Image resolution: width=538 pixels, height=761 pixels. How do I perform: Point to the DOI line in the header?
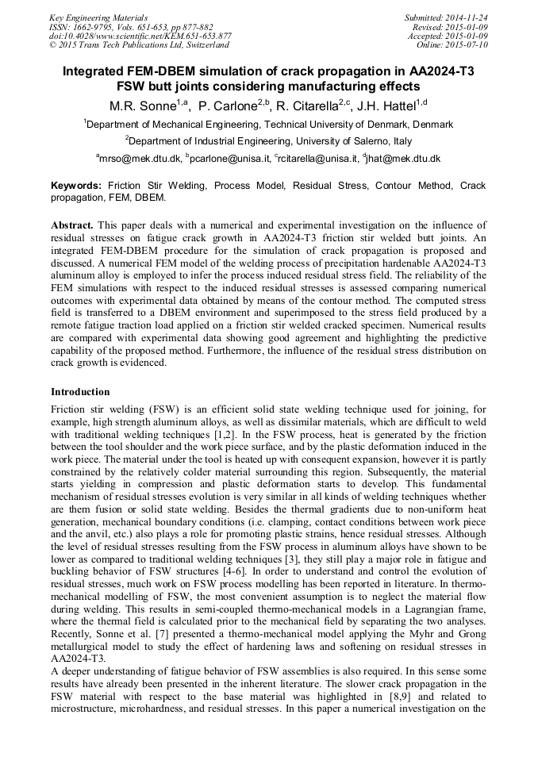[x=140, y=36]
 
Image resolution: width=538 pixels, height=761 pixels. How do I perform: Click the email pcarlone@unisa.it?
[x=231, y=159]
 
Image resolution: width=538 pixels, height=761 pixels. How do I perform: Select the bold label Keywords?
[x=76, y=185]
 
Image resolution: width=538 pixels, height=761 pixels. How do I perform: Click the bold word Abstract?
[x=72, y=225]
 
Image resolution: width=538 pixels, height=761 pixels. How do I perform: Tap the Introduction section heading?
[x=80, y=392]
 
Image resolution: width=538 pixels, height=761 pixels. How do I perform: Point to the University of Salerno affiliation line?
[x=269, y=141]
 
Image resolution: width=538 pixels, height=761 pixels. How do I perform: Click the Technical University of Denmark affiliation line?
[x=269, y=125]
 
